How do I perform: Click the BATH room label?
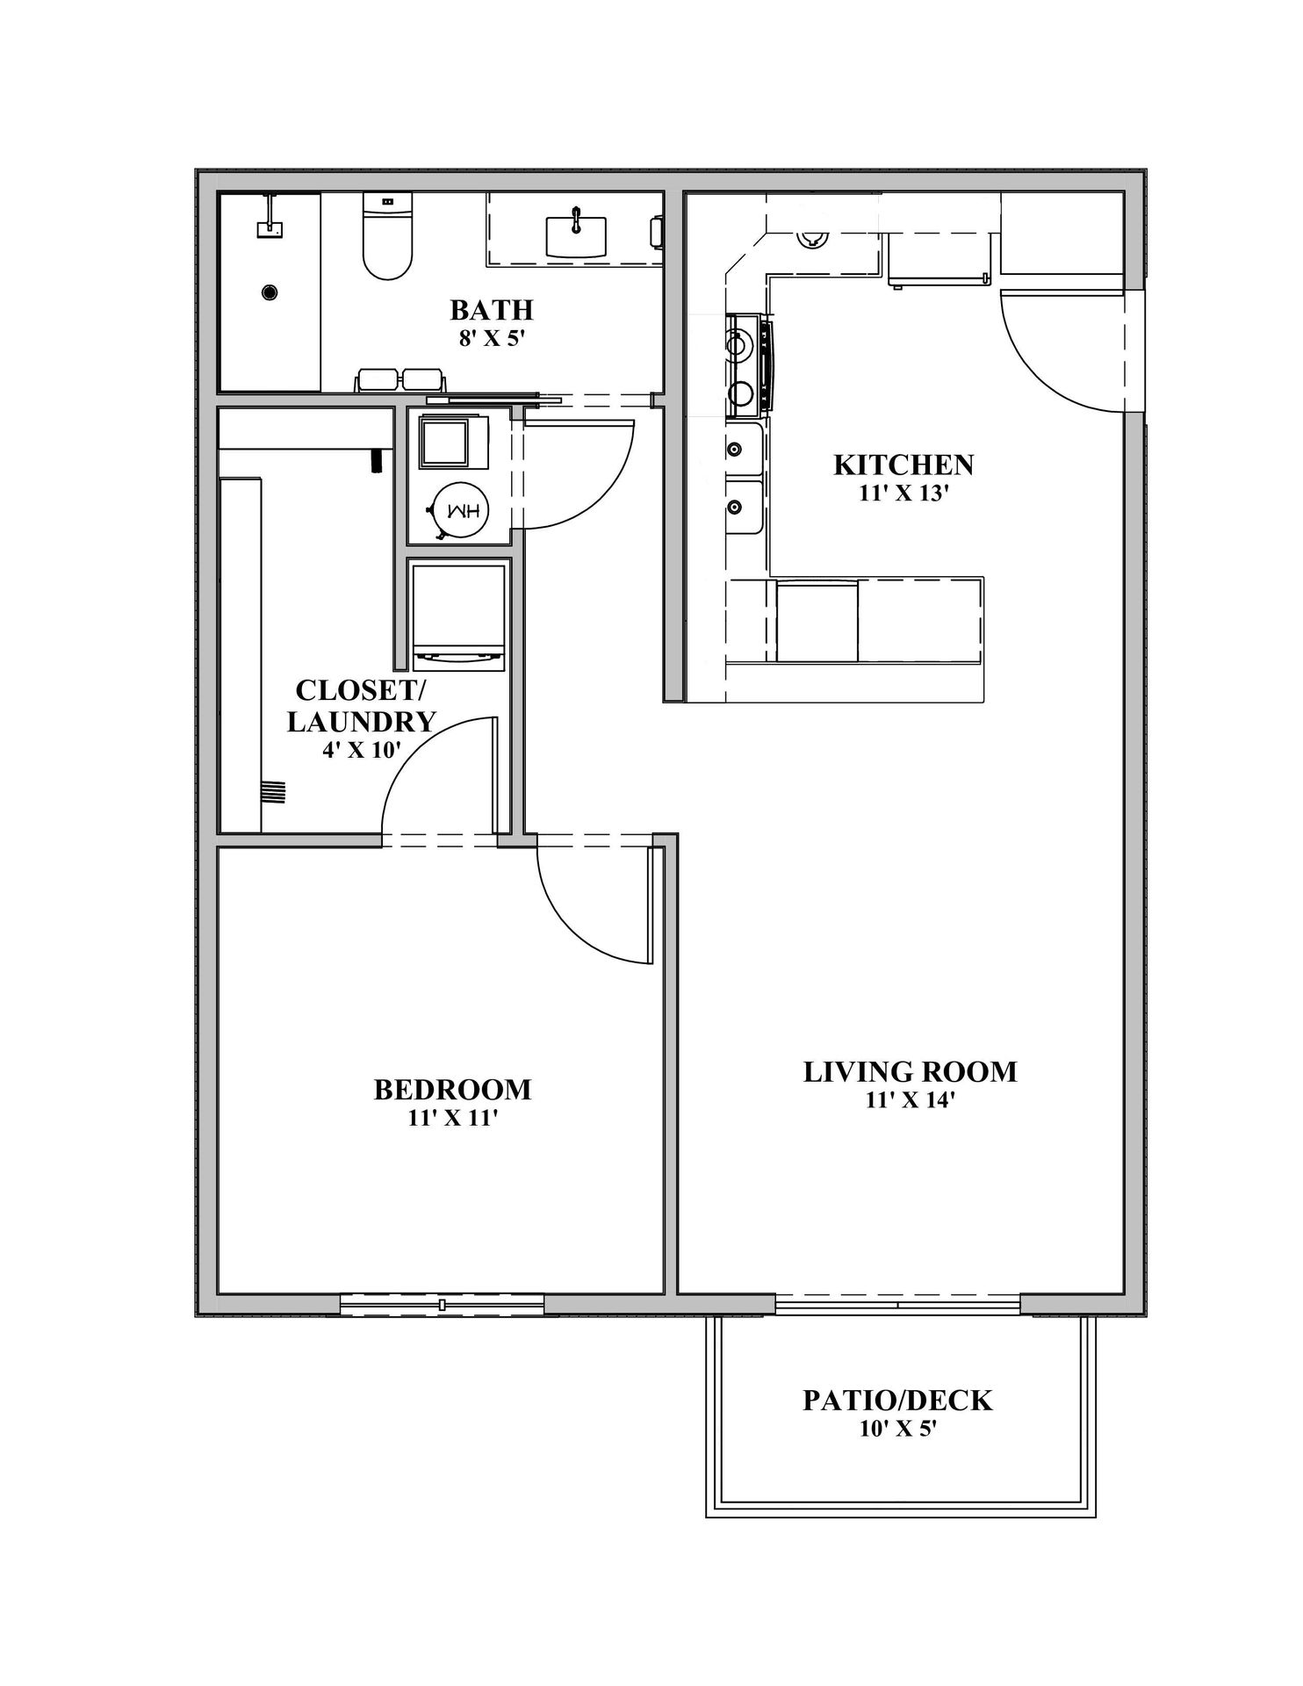pos(492,310)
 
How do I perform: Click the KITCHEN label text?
pos(903,465)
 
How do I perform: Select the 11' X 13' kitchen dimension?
pos(903,494)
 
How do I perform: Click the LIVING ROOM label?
pos(910,1072)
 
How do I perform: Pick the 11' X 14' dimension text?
pos(910,1100)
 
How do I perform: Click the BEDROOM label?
pos(452,1090)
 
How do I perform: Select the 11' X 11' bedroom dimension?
pos(452,1118)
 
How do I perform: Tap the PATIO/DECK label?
pos(897,1400)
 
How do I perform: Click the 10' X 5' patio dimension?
pos(897,1429)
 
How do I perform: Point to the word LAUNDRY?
pos(361,722)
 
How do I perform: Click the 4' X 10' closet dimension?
pos(361,750)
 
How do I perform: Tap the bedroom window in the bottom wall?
pos(443,1305)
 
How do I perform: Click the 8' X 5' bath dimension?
pos(492,338)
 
